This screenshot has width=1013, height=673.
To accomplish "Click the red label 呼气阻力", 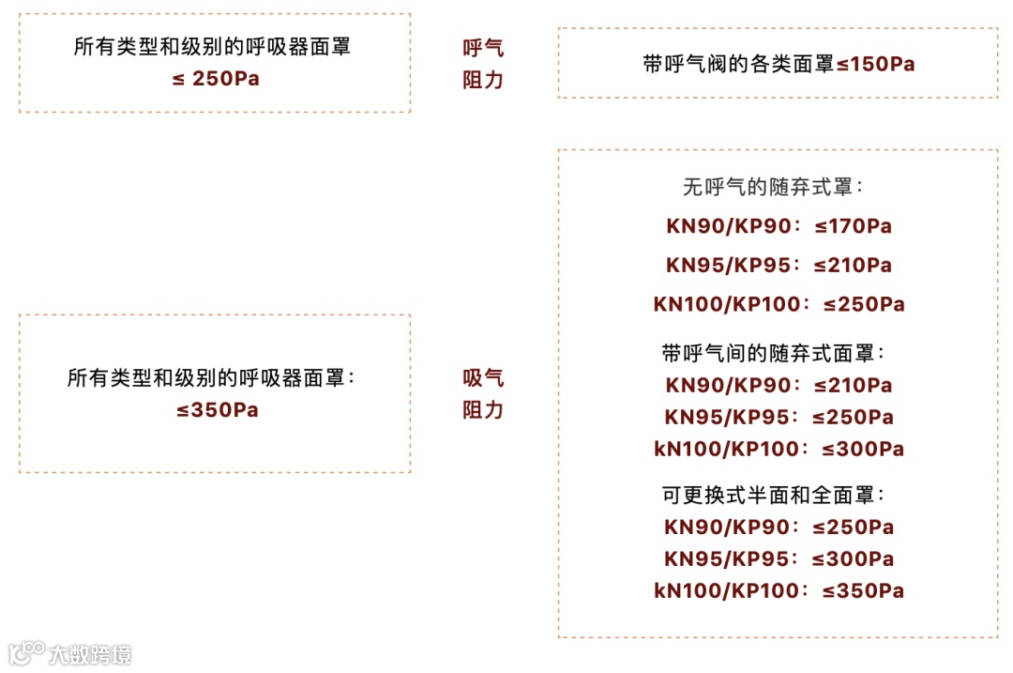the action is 483,64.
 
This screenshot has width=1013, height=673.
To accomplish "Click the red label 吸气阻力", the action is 483,394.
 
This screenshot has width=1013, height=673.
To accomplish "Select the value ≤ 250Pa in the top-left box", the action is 216,79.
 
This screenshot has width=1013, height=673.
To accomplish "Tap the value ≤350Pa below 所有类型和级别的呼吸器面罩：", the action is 217,410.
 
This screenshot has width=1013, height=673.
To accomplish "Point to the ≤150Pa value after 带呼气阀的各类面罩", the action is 875,65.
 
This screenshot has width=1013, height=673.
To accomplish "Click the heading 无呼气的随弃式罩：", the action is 774,188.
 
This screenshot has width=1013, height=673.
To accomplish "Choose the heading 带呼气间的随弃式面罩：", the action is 774,354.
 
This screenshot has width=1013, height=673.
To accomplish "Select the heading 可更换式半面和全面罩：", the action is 774,495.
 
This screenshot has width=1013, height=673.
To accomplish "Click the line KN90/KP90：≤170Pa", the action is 779,226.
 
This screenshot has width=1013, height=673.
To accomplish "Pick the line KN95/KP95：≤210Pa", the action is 779,266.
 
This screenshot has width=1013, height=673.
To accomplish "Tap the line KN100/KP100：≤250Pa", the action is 779,304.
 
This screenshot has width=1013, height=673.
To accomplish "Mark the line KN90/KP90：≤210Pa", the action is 779,386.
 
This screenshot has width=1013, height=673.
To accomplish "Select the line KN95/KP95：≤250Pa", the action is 779,418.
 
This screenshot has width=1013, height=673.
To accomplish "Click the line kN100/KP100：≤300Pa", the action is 779,450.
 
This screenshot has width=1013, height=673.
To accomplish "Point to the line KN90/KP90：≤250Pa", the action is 779,528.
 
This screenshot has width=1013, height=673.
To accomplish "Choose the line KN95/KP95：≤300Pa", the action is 779,559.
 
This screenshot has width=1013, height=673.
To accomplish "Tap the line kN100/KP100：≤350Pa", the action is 779,591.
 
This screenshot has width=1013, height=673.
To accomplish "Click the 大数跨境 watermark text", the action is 90,654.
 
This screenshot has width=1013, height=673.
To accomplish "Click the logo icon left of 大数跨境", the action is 26,653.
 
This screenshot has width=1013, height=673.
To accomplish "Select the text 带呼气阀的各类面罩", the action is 738,65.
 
